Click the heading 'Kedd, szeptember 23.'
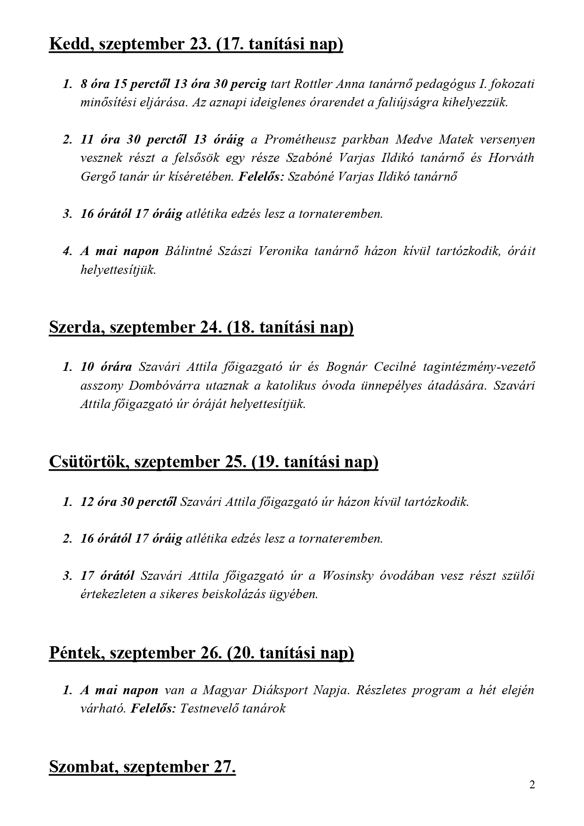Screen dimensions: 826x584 click(x=196, y=45)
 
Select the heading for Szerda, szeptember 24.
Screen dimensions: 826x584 click(x=201, y=327)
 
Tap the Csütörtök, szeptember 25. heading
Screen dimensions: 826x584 click(x=213, y=462)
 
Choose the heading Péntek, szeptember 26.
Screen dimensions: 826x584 click(x=201, y=653)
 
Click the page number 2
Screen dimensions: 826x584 click(x=532, y=785)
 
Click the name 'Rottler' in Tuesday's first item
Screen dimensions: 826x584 click(x=311, y=84)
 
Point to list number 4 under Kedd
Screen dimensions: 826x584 click(x=67, y=251)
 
